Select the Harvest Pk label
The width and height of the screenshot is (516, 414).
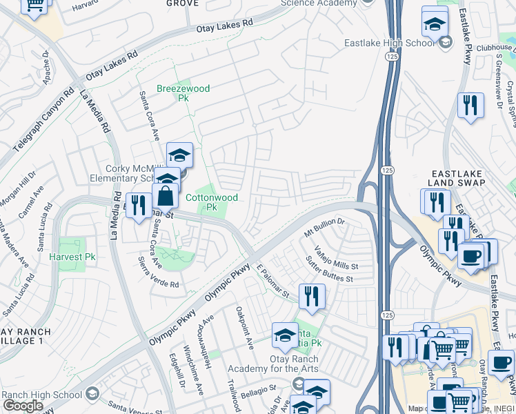(72, 257)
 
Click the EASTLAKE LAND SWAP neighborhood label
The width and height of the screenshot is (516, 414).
(458, 177)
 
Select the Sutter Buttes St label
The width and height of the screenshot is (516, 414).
(329, 273)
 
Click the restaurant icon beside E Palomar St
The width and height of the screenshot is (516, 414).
(312, 296)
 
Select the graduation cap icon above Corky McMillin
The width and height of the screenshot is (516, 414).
(179, 155)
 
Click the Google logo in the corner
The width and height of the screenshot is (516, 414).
(23, 406)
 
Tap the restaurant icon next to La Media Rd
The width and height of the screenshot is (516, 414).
(139, 205)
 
